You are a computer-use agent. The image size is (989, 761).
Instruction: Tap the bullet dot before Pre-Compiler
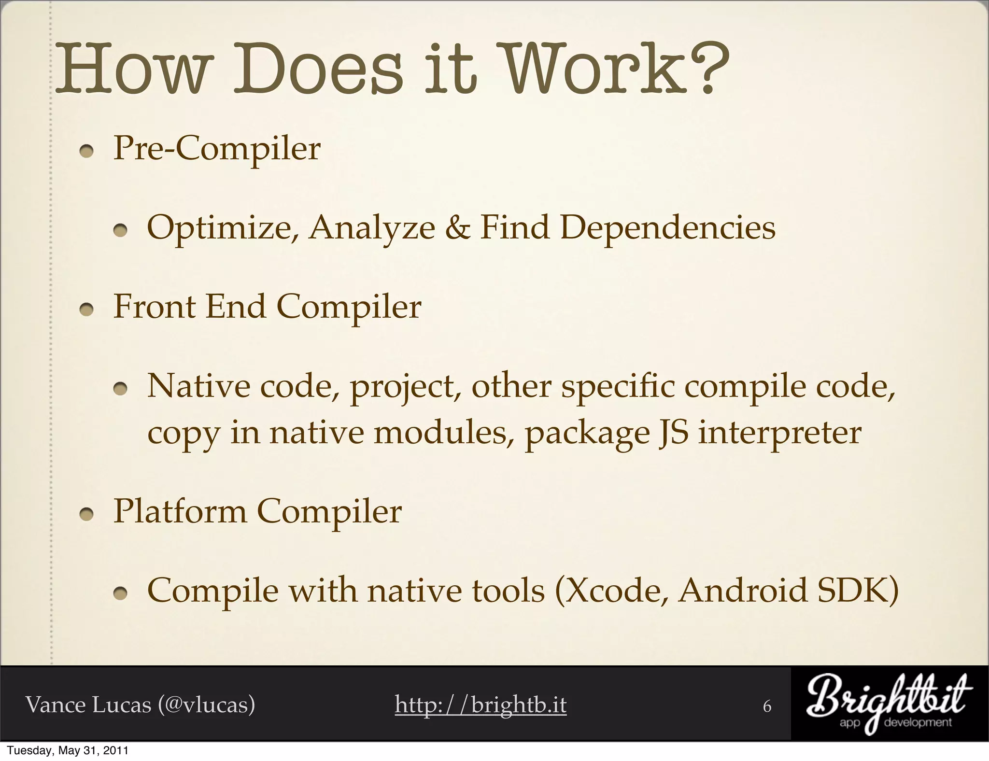pyautogui.click(x=87, y=152)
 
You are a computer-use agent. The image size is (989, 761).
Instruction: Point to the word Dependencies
pyautogui.click(x=668, y=228)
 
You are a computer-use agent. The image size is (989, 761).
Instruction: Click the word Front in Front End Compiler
pyautogui.click(x=155, y=307)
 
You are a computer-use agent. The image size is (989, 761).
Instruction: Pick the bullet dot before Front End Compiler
pyautogui.click(x=87, y=311)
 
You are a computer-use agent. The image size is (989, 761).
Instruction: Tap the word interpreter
pyautogui.click(x=779, y=434)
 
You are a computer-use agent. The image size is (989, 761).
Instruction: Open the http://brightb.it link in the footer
pyautogui.click(x=480, y=705)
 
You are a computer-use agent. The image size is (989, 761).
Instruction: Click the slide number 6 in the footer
pyautogui.click(x=767, y=706)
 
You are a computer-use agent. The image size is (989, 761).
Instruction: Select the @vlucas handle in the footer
pyautogui.click(x=206, y=705)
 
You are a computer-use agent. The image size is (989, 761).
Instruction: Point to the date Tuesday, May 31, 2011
pyautogui.click(x=68, y=751)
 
